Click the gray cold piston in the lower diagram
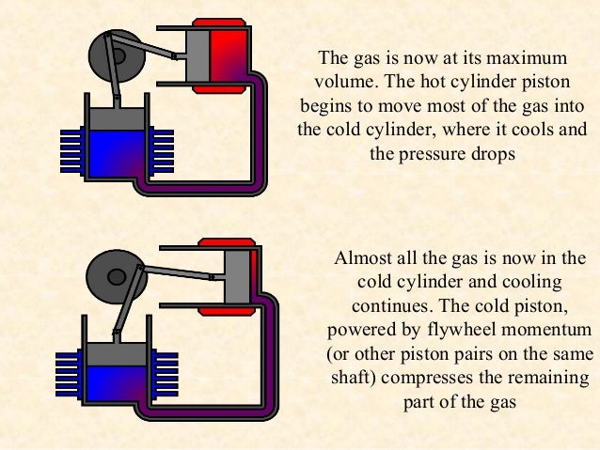pyautogui.click(x=118, y=354)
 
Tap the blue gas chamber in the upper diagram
pyautogui.click(x=118, y=156)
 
